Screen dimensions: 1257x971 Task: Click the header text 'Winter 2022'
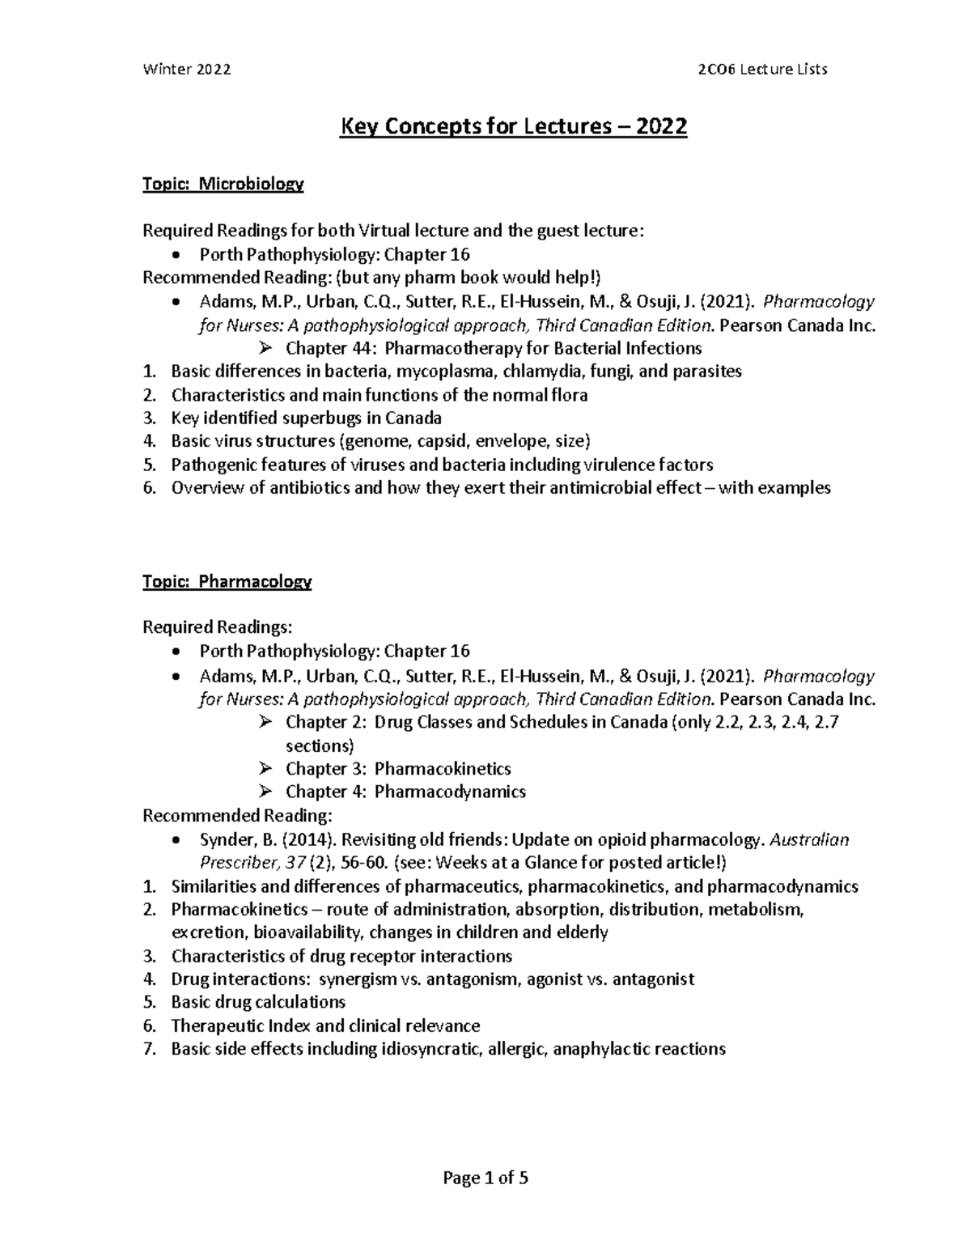click(x=186, y=69)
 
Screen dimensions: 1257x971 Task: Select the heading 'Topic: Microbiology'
click(x=223, y=185)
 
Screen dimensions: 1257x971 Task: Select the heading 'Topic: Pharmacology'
click(x=227, y=581)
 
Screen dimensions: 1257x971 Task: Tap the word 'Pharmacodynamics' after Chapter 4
click(x=450, y=792)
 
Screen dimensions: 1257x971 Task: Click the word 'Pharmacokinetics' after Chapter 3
click(x=443, y=768)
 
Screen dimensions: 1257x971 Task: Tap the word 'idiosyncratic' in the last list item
click(x=431, y=1050)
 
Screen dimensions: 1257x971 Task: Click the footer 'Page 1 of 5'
click(x=485, y=1178)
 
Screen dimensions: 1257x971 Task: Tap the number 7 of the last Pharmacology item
click(x=148, y=1050)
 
